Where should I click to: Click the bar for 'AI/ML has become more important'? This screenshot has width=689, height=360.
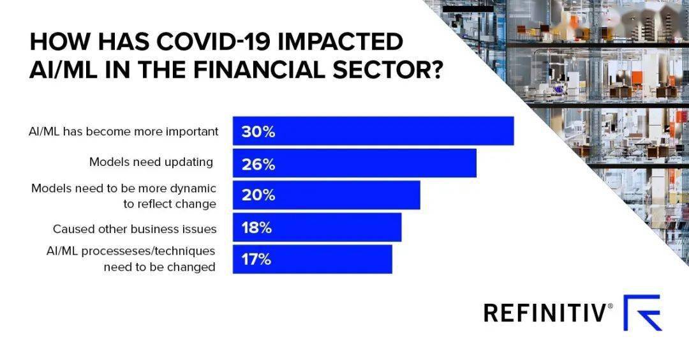(373, 131)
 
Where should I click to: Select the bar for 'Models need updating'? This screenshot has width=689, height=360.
(355, 163)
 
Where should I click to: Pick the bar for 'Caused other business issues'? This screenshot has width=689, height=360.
(317, 228)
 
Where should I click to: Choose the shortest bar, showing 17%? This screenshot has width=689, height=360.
(313, 259)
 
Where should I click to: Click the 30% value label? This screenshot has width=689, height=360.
(258, 132)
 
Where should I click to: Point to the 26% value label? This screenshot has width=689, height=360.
(258, 164)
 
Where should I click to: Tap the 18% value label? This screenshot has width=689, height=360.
(257, 228)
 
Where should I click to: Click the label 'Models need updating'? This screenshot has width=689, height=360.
(151, 162)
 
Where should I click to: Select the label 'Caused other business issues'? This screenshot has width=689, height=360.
(135, 229)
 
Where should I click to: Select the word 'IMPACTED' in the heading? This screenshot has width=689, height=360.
(343, 42)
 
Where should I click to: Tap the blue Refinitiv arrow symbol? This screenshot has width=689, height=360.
(642, 313)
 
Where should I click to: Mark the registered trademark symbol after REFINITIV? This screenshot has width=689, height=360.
(611, 306)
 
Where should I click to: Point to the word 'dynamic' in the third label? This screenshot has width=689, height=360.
(196, 189)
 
